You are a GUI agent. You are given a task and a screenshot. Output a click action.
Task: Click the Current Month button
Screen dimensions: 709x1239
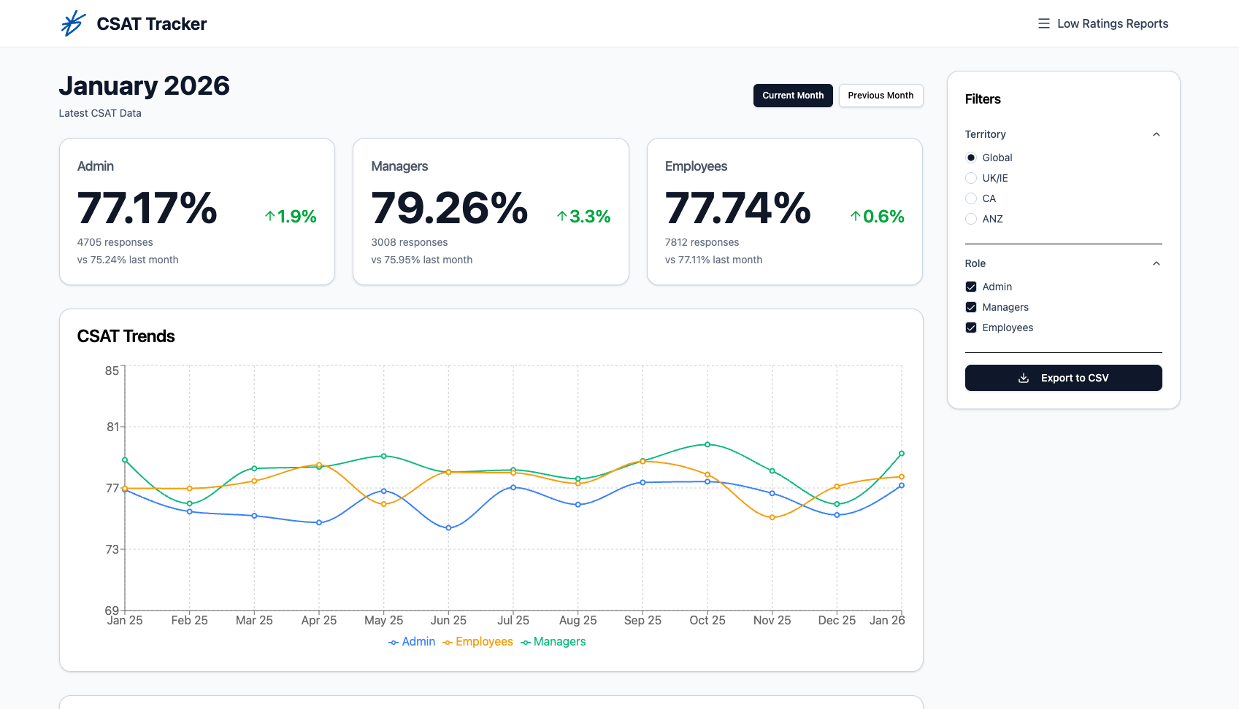tap(793, 96)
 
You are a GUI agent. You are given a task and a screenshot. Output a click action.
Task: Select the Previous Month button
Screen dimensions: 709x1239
tap(881, 96)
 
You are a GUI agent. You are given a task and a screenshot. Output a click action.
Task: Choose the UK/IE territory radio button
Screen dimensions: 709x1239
tap(971, 178)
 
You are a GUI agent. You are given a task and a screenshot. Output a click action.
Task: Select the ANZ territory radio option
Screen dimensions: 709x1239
tap(971, 219)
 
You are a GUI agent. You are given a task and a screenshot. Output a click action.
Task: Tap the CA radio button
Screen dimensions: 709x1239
tap(971, 198)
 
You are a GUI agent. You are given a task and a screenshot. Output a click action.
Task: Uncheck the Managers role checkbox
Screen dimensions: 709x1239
tap(971, 307)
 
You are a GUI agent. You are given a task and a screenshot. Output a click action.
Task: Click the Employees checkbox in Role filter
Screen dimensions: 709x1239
tap(971, 328)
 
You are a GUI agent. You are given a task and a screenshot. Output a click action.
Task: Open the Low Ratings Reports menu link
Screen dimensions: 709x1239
tap(1103, 23)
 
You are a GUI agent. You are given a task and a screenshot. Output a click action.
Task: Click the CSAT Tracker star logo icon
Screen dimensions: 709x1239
tap(73, 23)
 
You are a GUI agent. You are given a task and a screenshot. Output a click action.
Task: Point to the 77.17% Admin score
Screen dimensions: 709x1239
tap(147, 209)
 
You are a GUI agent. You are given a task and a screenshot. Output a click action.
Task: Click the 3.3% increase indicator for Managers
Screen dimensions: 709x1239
tap(583, 217)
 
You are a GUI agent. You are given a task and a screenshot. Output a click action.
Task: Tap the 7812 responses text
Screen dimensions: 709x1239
tap(702, 242)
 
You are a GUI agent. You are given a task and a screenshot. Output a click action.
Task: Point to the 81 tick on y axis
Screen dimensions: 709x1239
tap(112, 427)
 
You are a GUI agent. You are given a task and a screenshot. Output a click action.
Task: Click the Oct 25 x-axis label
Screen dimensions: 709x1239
tap(707, 620)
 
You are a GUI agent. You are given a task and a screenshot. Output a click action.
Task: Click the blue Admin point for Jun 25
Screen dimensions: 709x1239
tap(448, 528)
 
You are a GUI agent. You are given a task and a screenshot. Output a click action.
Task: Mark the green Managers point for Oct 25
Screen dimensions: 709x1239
tap(707, 444)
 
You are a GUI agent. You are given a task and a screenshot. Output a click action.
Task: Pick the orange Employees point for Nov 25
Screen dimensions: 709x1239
tap(772, 518)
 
